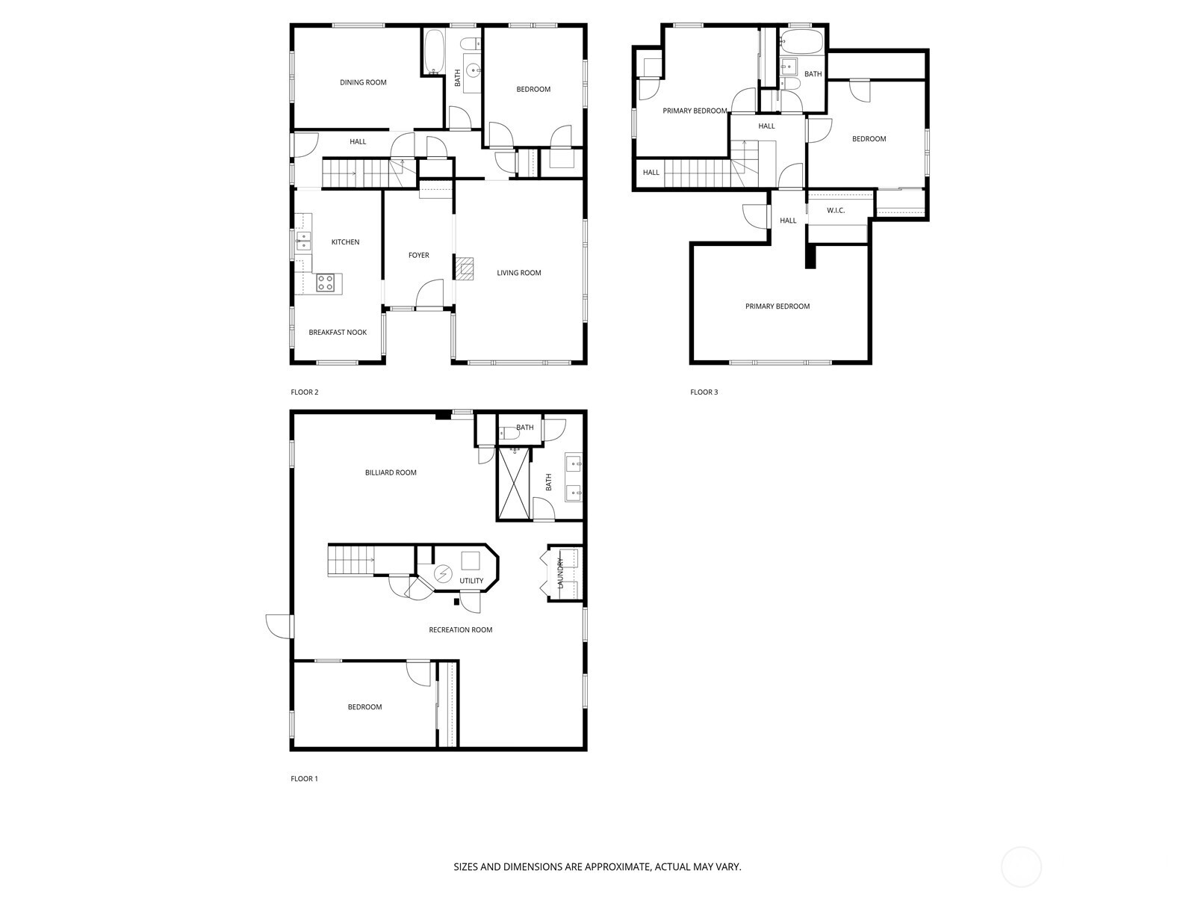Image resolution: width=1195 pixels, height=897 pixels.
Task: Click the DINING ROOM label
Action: [x=363, y=82]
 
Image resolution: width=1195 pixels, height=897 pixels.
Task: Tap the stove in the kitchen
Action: [x=326, y=283]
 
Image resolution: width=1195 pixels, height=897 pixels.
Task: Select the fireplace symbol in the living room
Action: [x=465, y=268]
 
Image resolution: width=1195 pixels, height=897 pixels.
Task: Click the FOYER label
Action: [x=418, y=256]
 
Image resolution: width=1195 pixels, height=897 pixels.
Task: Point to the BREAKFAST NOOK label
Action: [x=338, y=333]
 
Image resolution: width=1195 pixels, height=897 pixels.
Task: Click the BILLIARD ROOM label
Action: [x=391, y=472]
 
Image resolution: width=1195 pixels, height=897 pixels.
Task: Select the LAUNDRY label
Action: [x=559, y=573]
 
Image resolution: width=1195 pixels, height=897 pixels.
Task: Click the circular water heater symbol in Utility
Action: [x=444, y=574]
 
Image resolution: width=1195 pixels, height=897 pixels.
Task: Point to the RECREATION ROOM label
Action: [x=460, y=630]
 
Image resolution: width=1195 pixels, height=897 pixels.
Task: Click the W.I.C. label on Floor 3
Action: [x=836, y=211]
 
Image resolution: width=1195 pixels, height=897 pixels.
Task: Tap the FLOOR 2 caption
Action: [x=305, y=392]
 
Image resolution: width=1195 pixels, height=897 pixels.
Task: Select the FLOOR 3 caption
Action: [x=704, y=392]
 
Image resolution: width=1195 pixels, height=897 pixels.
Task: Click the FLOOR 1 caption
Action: [x=304, y=779]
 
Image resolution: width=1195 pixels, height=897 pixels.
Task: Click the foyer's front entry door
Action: [x=430, y=295]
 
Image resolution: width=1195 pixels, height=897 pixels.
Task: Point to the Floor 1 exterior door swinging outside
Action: [x=279, y=626]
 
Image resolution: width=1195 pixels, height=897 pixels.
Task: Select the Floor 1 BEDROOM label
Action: [x=364, y=707]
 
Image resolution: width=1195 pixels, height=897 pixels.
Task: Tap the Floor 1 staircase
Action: [x=351, y=560]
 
